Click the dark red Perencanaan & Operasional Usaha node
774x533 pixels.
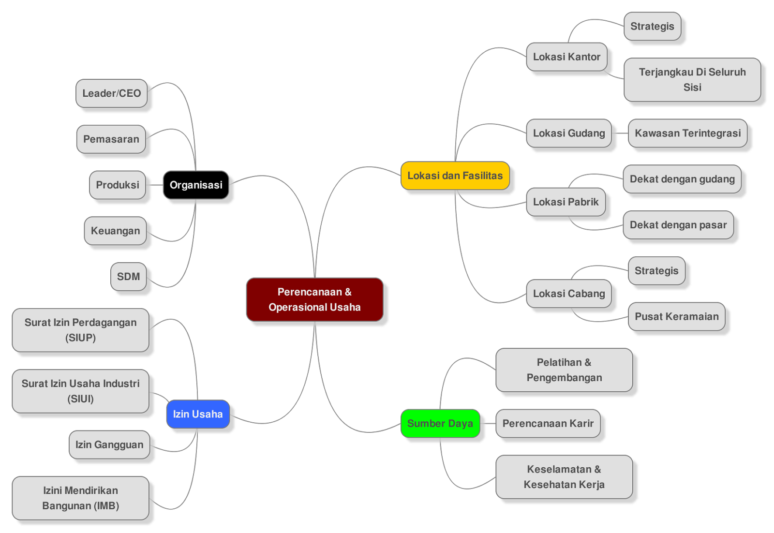tap(314, 299)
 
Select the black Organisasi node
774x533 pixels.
tap(196, 185)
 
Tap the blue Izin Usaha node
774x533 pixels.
tap(198, 414)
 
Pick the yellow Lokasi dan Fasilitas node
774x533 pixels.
tap(455, 176)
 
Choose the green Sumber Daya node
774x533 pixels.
tap(440, 423)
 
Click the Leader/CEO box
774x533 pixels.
tap(111, 93)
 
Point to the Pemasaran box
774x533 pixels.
tap(111, 139)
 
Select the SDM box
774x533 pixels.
tap(128, 277)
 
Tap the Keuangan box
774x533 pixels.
tap(115, 231)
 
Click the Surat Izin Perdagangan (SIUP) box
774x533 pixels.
tap(80, 330)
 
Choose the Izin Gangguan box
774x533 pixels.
tap(109, 444)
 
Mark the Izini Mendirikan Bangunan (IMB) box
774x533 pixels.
tap(80, 498)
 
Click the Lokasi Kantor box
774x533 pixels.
tap(566, 57)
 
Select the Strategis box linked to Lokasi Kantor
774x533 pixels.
tap(652, 27)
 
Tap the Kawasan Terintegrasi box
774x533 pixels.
tap(687, 133)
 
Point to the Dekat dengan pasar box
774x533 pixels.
tap(678, 225)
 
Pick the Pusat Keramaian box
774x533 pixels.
tap(676, 317)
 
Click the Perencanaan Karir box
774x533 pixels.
tap(548, 424)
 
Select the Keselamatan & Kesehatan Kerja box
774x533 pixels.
tap(564, 477)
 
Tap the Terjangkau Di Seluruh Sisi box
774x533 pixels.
tap(692, 80)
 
